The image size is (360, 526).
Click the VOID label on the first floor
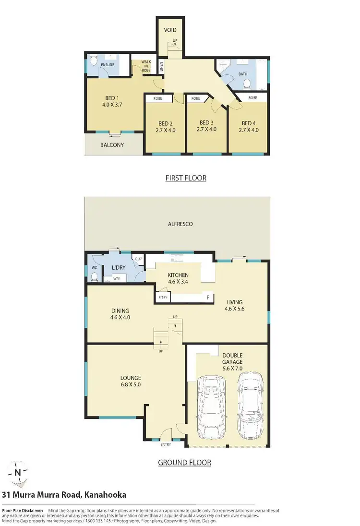click(170, 30)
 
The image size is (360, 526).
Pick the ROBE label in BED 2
click(157, 98)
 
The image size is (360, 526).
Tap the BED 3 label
click(206, 122)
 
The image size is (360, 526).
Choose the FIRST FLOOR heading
click(186, 178)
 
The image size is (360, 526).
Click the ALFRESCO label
click(181, 224)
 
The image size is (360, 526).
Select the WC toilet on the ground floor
click(94, 276)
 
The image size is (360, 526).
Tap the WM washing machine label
click(116, 278)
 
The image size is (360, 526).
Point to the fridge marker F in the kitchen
click(208, 298)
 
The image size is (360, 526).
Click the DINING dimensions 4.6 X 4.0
click(120, 317)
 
